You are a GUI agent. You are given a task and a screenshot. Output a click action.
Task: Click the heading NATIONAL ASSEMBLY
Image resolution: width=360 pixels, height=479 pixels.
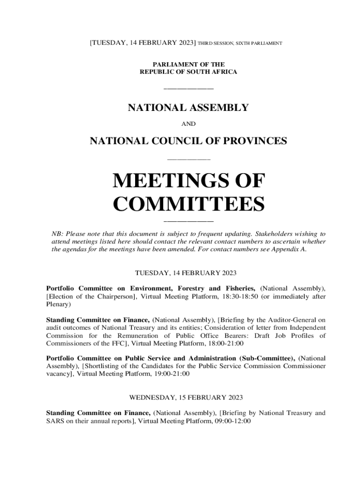188,108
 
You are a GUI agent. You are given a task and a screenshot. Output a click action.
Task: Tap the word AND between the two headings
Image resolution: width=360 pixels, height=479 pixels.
188,124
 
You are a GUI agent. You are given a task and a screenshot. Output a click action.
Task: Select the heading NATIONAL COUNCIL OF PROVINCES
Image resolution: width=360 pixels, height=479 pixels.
188,140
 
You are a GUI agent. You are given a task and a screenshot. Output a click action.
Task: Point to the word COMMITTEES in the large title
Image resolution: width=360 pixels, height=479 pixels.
189,204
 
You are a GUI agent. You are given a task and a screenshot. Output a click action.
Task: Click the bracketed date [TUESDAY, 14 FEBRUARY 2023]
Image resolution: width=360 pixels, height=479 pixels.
143,43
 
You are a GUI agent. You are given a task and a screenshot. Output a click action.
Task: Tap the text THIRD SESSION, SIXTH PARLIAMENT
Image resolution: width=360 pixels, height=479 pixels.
240,44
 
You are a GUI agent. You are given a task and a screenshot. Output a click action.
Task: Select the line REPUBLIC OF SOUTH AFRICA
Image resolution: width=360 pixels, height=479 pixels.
188,72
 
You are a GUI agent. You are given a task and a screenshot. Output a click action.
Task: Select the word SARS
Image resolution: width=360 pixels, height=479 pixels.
54,421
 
